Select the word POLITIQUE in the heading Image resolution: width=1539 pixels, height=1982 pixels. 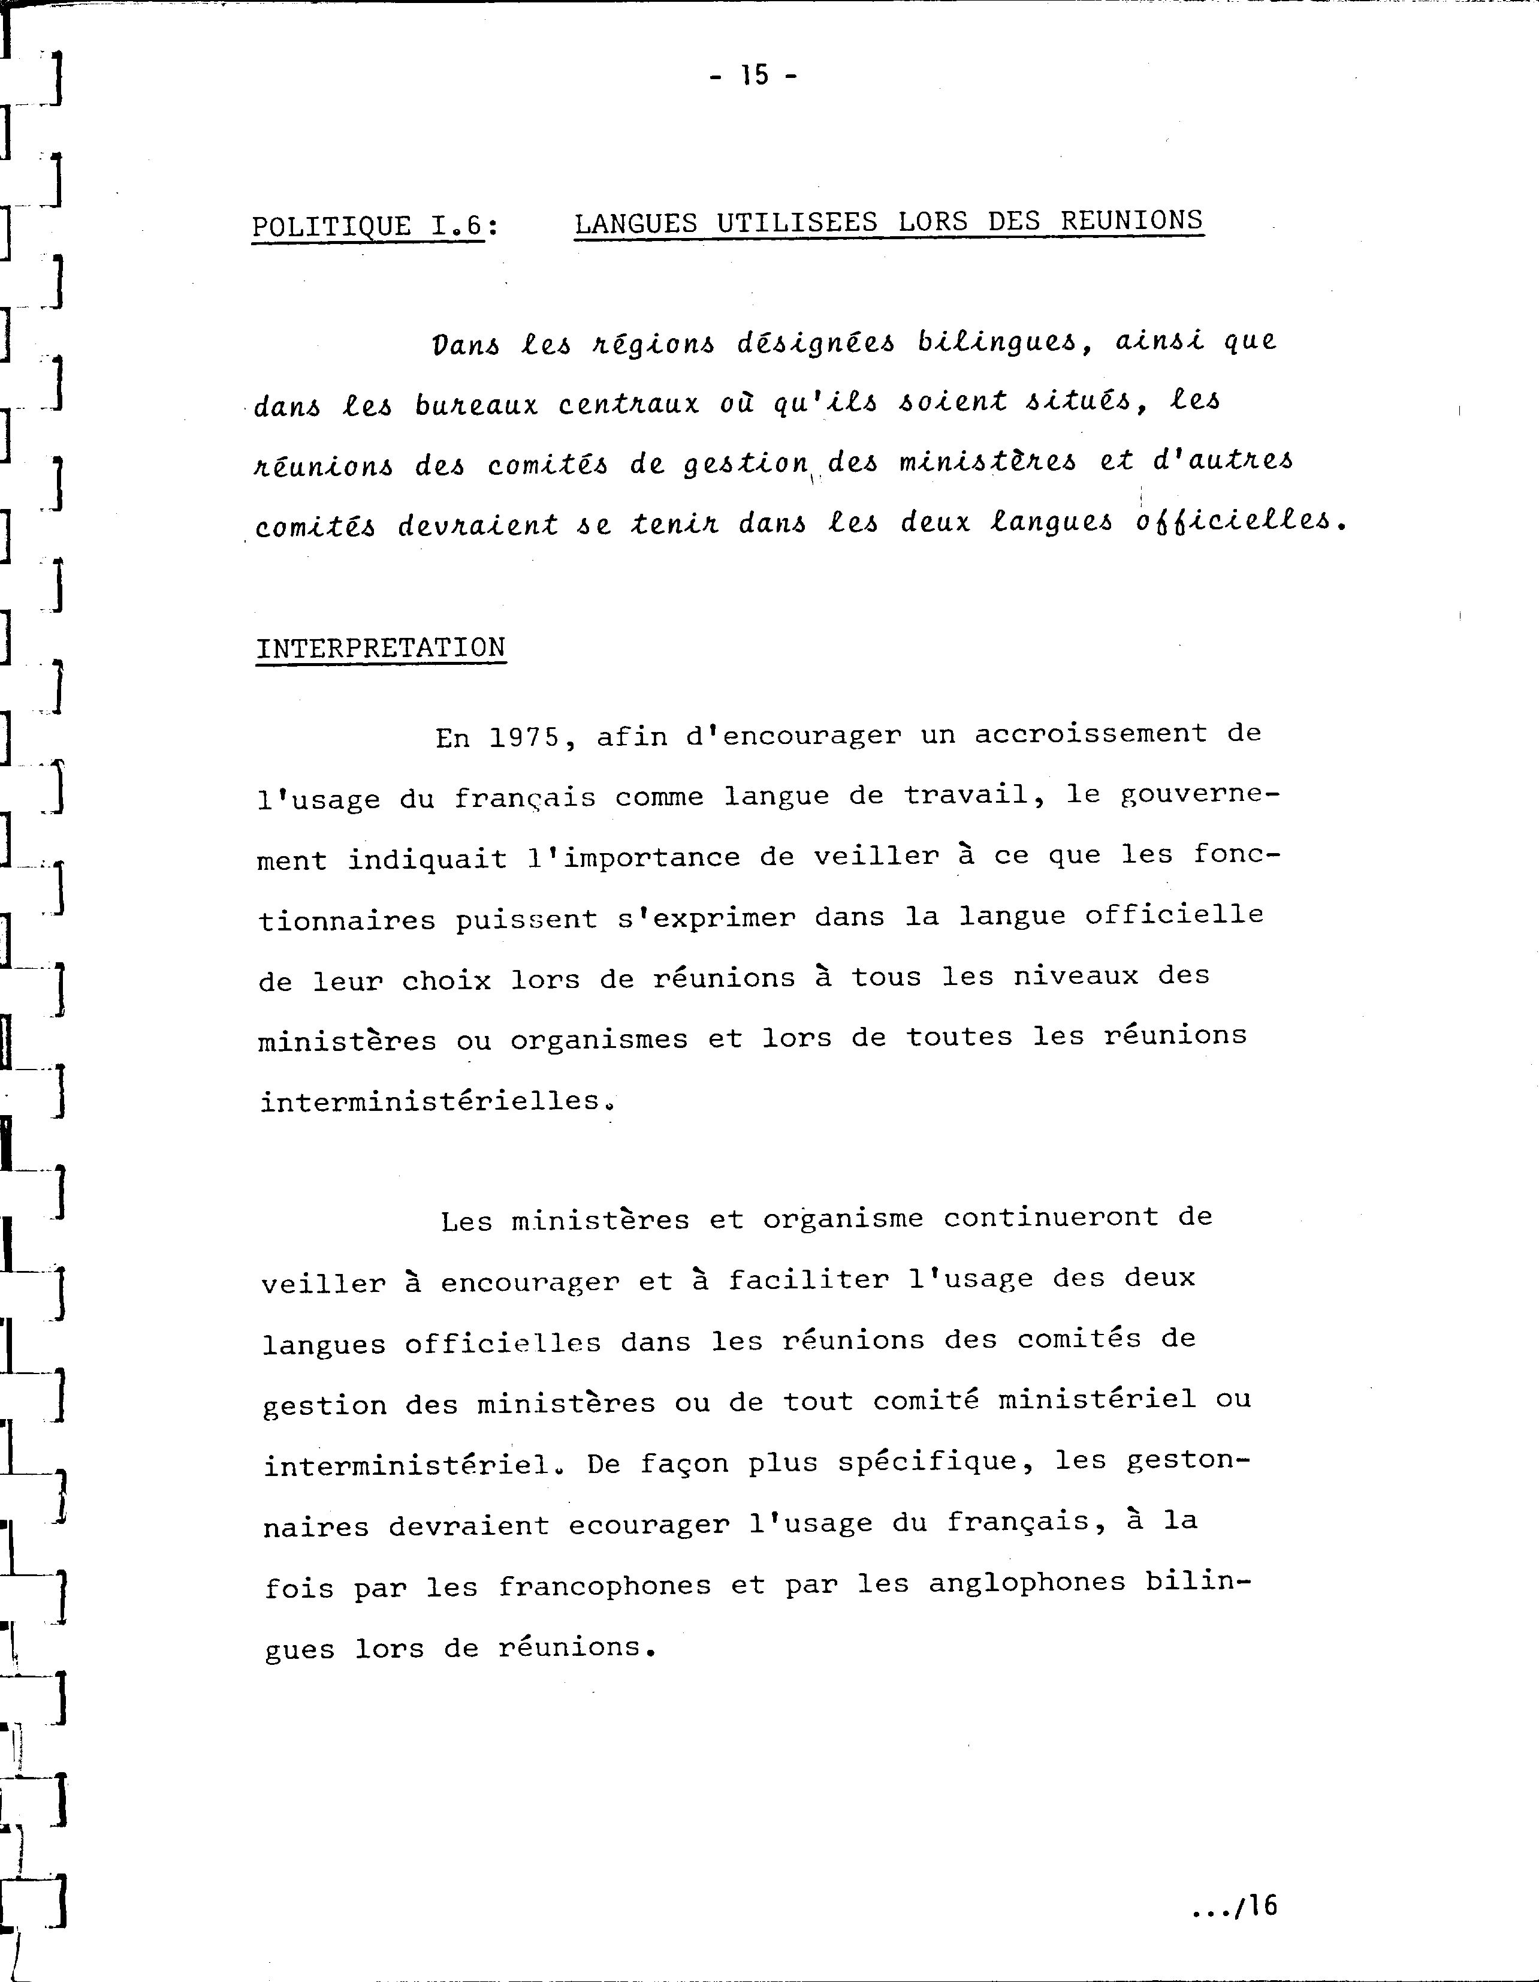point(331,225)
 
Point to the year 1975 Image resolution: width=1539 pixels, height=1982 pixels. point(524,737)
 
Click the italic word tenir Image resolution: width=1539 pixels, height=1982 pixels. point(674,523)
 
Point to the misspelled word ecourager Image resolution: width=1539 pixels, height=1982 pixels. point(649,1525)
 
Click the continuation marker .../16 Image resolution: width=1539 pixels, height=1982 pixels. point(1234,1906)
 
